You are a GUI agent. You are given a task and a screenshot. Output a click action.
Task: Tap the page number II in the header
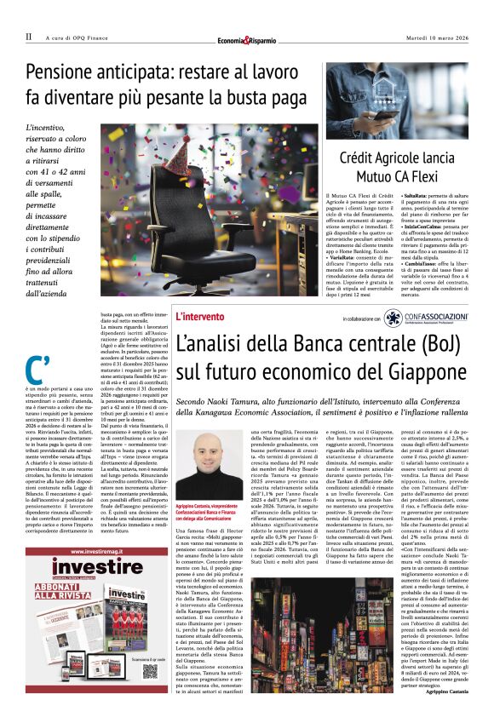coord(29,37)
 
